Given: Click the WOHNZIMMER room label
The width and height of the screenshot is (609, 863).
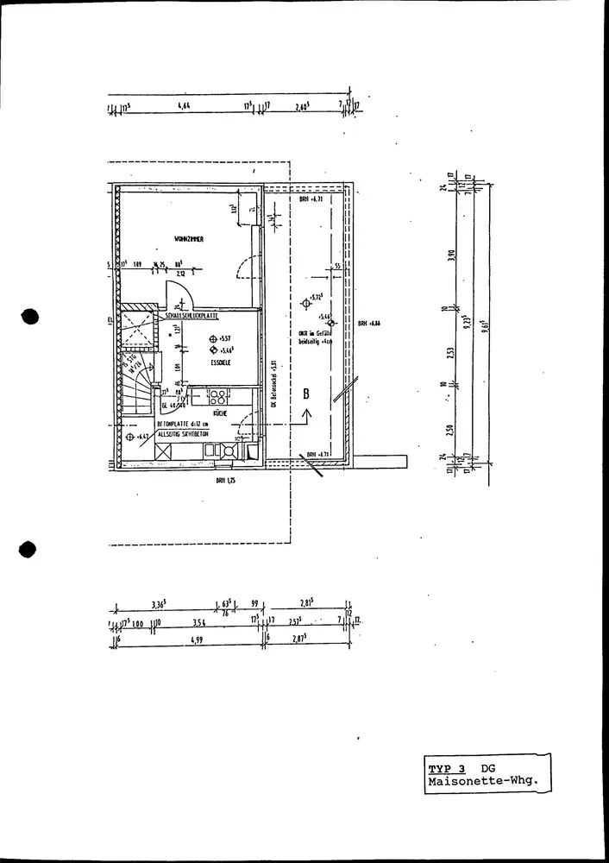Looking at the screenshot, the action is [x=188, y=239].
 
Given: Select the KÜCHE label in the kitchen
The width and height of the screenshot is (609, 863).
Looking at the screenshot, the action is [x=220, y=413].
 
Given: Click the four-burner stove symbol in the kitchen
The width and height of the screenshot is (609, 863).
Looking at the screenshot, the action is [x=217, y=398].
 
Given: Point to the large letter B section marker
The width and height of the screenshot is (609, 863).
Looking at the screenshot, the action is [x=304, y=394].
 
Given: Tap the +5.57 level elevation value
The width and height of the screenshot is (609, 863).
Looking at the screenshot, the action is [x=227, y=339].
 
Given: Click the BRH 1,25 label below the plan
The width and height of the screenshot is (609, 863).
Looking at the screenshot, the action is [x=227, y=482].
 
